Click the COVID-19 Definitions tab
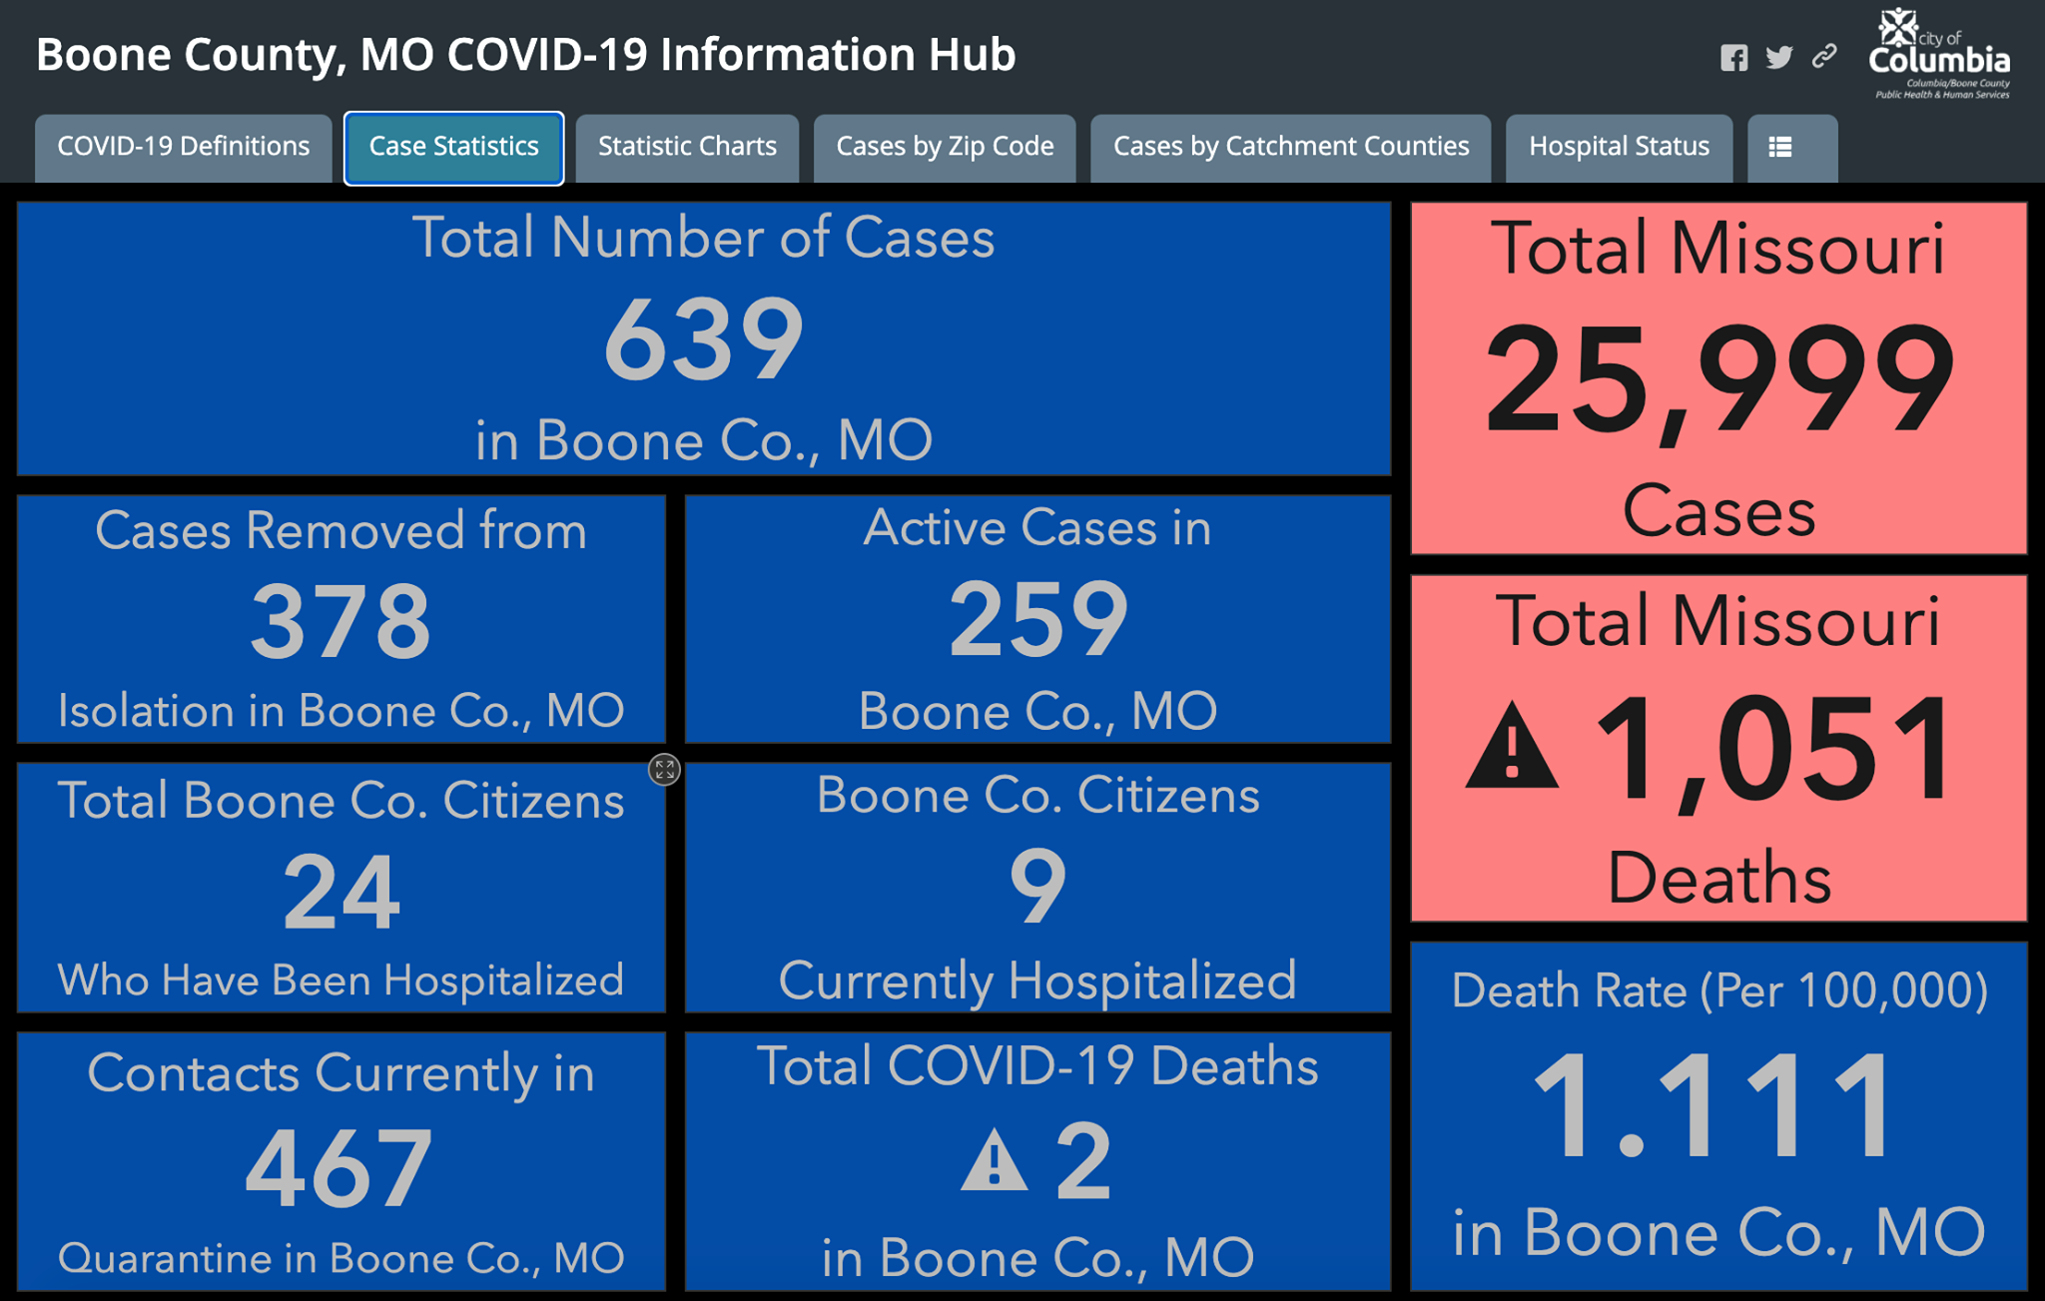pyautogui.click(x=184, y=148)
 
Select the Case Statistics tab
pyautogui.click(x=454, y=148)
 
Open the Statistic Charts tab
pyautogui.click(x=687, y=148)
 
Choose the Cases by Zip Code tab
pyautogui.click(x=945, y=148)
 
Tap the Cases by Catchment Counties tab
pyautogui.click(x=1291, y=148)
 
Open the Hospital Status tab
pyautogui.click(x=1619, y=148)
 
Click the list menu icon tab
pyautogui.click(x=1792, y=148)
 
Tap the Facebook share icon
pyautogui.click(x=1734, y=58)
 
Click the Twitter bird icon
pyautogui.click(x=1779, y=57)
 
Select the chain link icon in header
pyautogui.click(x=1824, y=56)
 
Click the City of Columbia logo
pyautogui.click(x=1939, y=54)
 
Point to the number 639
pyautogui.click(x=704, y=339)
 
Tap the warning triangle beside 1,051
pyautogui.click(x=1512, y=747)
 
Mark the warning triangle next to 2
pyautogui.click(x=994, y=1160)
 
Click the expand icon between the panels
pyautogui.click(x=665, y=769)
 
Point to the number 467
pyautogui.click(x=340, y=1166)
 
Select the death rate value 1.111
pyautogui.click(x=1713, y=1105)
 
